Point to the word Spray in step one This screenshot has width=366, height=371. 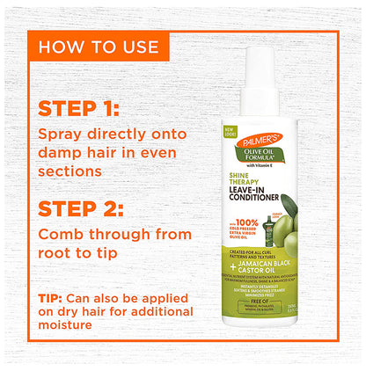[x=62, y=136]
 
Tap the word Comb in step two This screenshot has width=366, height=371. [x=62, y=236]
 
